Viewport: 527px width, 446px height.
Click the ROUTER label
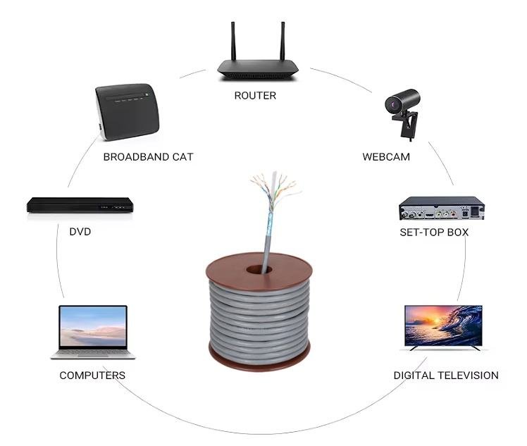pyautogui.click(x=255, y=95)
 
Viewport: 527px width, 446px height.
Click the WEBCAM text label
pyautogui.click(x=386, y=156)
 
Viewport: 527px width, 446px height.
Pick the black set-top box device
pyautogui.click(x=442, y=210)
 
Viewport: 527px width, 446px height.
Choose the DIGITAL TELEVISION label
pyautogui.click(x=445, y=376)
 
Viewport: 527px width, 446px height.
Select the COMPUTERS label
pyautogui.click(x=92, y=376)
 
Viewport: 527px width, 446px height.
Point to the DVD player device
pyautogui.click(x=80, y=205)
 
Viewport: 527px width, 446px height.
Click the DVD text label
pyautogui.click(x=80, y=231)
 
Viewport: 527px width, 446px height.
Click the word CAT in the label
pyautogui.click(x=181, y=156)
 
